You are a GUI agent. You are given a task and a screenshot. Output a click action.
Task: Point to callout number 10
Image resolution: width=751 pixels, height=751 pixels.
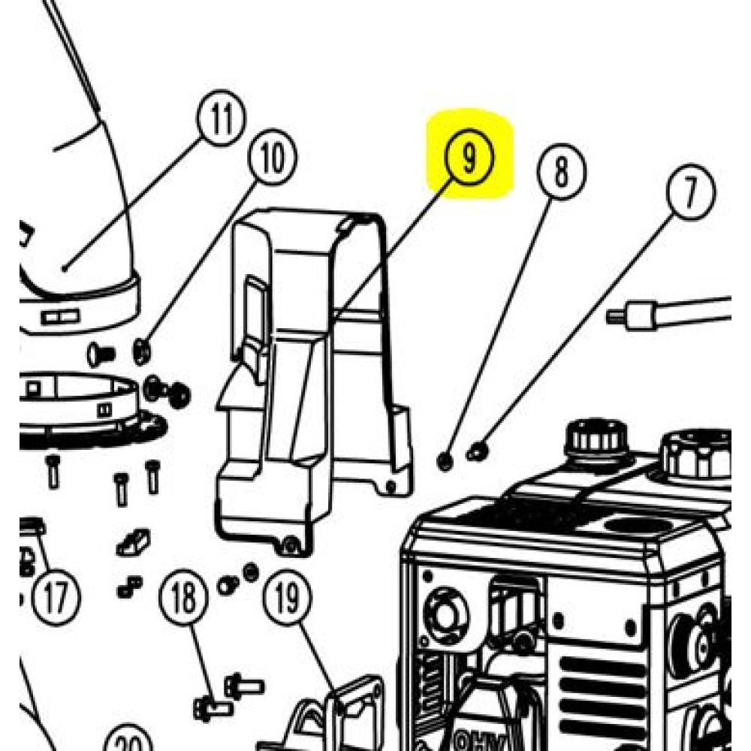[x=272, y=158]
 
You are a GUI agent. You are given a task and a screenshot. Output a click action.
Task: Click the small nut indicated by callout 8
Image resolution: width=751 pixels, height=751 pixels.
[x=445, y=461]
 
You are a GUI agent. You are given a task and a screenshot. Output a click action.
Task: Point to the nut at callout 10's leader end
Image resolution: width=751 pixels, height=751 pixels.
[x=141, y=348]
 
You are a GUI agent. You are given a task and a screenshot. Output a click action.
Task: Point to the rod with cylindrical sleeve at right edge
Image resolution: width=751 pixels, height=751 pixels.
[x=668, y=312]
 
